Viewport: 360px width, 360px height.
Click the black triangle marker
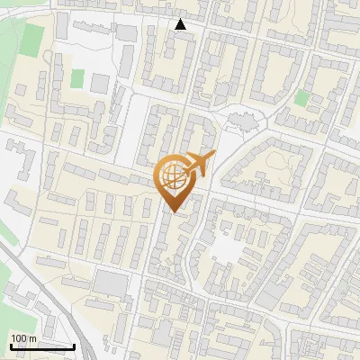click(181, 24)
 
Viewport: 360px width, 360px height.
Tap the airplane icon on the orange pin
click(200, 164)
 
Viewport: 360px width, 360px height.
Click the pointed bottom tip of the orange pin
click(174, 212)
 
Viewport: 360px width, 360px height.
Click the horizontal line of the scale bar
click(42, 346)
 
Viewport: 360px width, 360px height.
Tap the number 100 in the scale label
click(19, 338)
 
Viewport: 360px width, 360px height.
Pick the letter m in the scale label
click(31, 338)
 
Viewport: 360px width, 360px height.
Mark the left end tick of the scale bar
click(11, 345)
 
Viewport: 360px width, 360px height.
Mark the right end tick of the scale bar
click(74, 345)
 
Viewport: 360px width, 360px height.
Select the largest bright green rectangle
click(34, 38)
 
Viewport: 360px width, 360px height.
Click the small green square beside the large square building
click(77, 78)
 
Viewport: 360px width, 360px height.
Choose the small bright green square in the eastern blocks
click(301, 98)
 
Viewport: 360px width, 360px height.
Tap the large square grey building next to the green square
click(99, 83)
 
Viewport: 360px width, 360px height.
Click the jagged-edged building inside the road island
click(239, 117)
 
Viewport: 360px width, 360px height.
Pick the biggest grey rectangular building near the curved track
click(112, 283)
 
